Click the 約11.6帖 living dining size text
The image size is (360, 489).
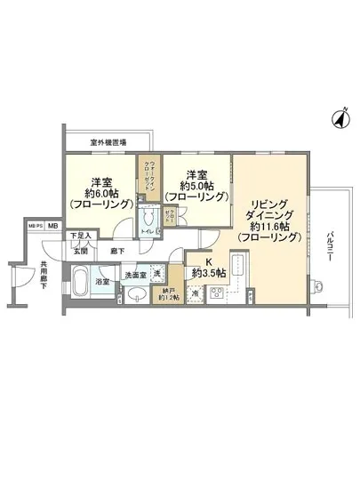coord(270,226)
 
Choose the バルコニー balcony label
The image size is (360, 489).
coord(330,247)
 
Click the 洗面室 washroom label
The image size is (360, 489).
coord(135,275)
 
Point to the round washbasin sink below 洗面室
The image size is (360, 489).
coord(138,295)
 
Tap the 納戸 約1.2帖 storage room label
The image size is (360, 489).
coord(169,293)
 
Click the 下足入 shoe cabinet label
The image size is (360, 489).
coord(80,236)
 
